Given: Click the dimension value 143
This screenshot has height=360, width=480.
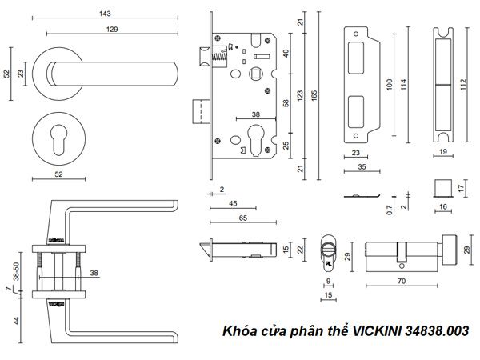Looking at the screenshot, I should (x=103, y=14).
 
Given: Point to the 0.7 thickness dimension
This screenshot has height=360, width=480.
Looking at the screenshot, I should (x=389, y=212).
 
